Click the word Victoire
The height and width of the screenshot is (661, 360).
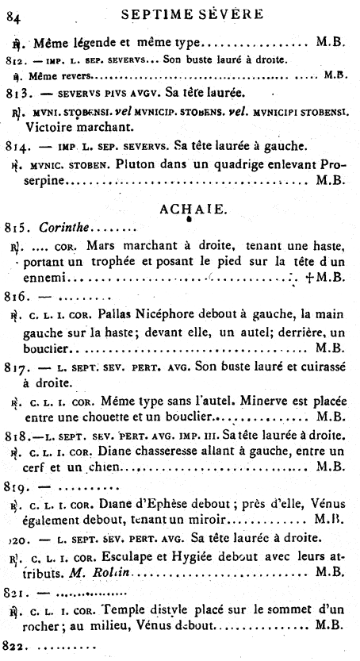(50, 125)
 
